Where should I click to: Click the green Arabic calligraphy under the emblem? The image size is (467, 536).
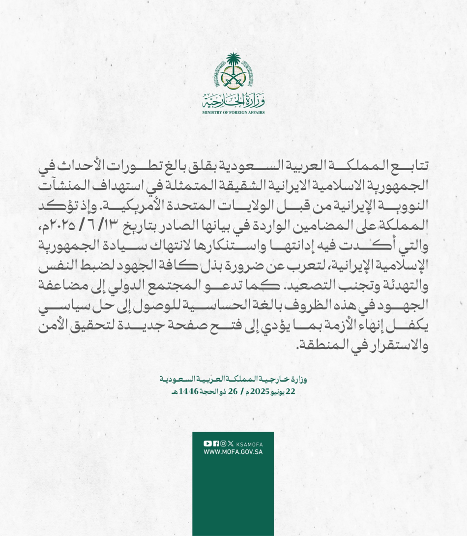(x=233, y=102)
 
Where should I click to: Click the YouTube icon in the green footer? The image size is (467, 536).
(x=207, y=444)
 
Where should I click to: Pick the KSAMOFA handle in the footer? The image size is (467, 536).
(x=249, y=444)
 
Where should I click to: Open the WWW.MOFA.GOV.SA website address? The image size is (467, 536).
(x=233, y=452)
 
